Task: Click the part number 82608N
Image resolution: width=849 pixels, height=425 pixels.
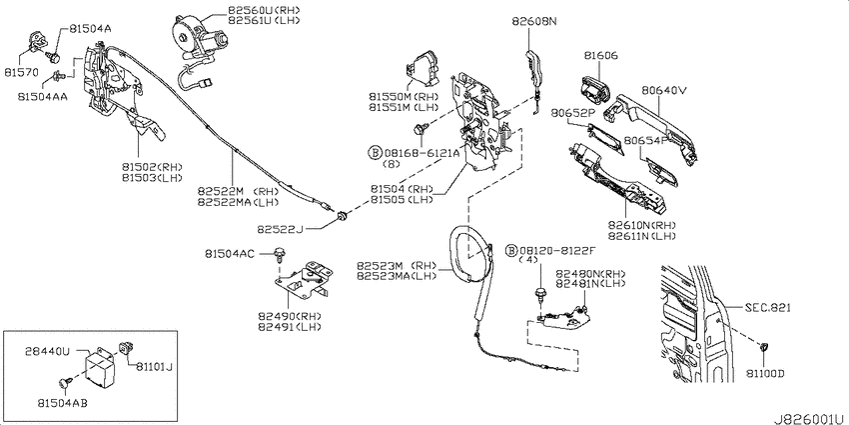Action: pos(534,22)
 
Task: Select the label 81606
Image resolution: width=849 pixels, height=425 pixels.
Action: pos(601,55)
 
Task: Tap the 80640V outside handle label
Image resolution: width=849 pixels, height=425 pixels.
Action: pos(664,91)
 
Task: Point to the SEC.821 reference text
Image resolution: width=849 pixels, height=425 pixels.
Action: pos(768,308)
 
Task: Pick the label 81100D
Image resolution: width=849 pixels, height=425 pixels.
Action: pos(765,374)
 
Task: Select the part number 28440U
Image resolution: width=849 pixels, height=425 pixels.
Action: pos(47,352)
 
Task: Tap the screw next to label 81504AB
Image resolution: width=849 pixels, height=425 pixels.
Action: pos(66,384)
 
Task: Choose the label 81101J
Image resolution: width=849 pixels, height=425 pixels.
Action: pos(152,368)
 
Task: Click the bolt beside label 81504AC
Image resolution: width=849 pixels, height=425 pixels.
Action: pos(280,252)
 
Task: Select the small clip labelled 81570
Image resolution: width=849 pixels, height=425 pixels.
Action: pos(37,41)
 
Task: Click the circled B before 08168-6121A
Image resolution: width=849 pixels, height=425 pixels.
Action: pos(374,153)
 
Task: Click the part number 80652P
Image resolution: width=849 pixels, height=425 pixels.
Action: pos(573,113)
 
